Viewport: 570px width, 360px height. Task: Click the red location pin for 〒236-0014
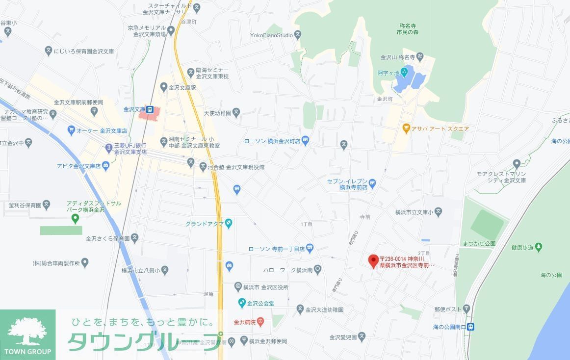coord(373,260)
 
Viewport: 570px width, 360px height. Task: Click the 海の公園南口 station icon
coord(471,327)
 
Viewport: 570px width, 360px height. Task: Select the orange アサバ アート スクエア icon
coord(406,129)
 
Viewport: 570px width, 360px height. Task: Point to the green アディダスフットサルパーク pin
coord(75,218)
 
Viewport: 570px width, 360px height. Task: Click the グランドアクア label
coord(204,224)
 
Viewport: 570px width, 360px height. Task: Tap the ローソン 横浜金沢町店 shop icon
coord(306,141)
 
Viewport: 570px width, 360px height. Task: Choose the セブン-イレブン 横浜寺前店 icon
coord(372,183)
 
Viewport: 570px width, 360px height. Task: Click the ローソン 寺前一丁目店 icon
coord(310,249)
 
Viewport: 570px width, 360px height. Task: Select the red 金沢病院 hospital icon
coord(260,322)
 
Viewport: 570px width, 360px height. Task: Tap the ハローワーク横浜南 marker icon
coord(318,269)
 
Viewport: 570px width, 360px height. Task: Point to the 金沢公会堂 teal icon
coord(241,303)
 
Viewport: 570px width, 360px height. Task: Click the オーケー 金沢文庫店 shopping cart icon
coord(72,131)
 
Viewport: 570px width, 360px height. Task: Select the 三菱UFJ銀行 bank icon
coord(109,147)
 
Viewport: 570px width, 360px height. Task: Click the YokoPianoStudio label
coord(271,35)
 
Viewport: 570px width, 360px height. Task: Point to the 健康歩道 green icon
coord(539,247)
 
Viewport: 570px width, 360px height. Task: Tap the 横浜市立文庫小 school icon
coord(439,212)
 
